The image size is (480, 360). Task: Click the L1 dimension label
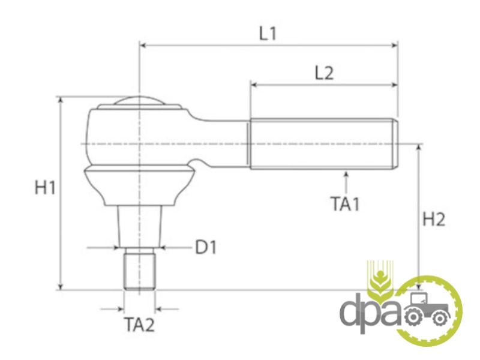pos(268,34)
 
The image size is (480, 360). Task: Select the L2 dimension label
pos(324,73)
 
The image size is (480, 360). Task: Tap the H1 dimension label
pos(45,187)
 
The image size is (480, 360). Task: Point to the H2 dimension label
pos(434,219)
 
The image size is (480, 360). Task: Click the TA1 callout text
pos(345,203)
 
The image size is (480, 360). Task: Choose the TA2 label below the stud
pos(139,325)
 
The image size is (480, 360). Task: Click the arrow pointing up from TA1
pos(346,183)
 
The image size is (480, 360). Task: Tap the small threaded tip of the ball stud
pos(139,268)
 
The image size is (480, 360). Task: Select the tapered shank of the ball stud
pos(140,226)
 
